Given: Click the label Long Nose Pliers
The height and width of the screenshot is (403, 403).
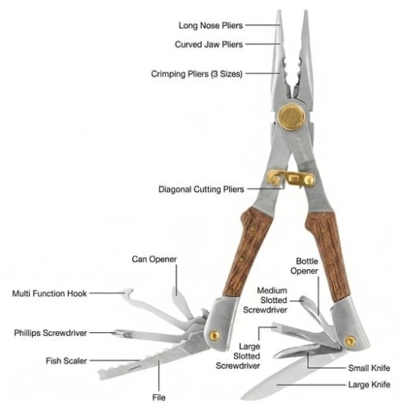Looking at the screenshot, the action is (x=210, y=26).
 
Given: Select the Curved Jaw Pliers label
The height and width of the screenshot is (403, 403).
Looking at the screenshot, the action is (x=209, y=44).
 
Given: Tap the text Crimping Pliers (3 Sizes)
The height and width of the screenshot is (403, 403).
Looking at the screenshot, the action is (x=197, y=73).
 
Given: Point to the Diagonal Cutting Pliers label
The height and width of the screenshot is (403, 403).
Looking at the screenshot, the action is (x=201, y=189).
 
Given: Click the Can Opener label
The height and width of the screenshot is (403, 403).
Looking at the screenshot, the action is (x=154, y=260).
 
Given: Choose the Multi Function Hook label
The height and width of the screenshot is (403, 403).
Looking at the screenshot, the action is (x=50, y=293).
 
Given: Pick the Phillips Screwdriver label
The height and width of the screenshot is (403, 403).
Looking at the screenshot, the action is (x=51, y=333).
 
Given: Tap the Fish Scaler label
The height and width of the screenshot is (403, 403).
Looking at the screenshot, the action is (x=66, y=360).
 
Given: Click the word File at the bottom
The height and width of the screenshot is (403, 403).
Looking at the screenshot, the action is (x=159, y=397).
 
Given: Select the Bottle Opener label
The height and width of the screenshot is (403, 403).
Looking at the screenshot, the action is (x=305, y=266).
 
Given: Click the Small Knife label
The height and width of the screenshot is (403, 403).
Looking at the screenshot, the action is (x=369, y=368).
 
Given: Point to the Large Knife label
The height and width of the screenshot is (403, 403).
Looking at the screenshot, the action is (x=369, y=384).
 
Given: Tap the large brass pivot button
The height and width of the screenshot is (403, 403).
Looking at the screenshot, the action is (x=291, y=117).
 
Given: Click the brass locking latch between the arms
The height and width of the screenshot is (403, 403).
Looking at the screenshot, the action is (x=291, y=178).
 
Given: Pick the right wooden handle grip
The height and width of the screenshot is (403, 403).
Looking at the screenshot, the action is (x=328, y=256).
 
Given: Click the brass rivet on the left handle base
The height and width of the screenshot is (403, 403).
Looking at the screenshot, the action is (x=214, y=336).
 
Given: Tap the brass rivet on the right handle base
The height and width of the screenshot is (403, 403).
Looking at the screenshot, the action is (x=351, y=341).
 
